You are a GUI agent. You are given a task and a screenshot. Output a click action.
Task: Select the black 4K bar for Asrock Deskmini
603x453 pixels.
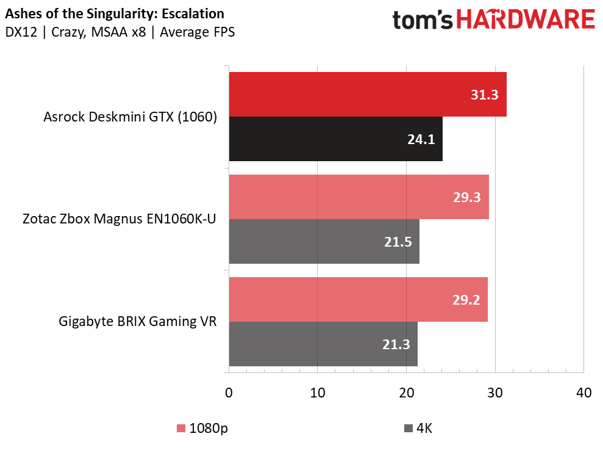tap(335, 139)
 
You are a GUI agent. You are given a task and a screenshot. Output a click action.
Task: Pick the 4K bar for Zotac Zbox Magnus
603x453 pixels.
tap(324, 242)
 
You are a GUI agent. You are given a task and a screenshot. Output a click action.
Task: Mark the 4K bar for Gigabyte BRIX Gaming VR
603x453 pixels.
tap(323, 344)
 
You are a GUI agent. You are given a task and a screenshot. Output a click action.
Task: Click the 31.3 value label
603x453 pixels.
tap(484, 95)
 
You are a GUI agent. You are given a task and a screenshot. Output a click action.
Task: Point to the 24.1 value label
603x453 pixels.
tap(421, 140)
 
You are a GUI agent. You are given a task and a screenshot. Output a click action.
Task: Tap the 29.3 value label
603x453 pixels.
tap(467, 198)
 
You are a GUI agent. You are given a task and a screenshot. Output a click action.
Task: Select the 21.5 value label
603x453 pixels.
tap(398, 242)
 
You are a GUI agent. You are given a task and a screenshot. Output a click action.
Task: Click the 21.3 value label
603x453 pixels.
tap(396, 345)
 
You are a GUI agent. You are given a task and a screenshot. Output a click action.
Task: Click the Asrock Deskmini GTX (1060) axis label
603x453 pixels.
tap(130, 117)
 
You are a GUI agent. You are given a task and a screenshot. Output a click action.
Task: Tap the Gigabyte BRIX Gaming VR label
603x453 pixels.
tap(138, 322)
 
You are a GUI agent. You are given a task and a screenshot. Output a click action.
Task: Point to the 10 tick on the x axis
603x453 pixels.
tap(318, 394)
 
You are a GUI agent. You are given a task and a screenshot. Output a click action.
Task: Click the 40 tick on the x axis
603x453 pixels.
tap(583, 394)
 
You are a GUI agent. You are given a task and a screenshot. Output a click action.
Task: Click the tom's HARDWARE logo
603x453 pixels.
tap(493, 21)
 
